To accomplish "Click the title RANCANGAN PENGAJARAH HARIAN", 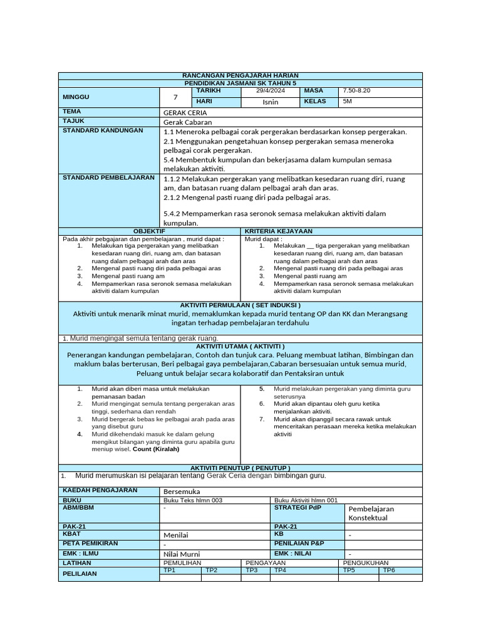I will coord(240,75).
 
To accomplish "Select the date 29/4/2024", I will coord(271,92).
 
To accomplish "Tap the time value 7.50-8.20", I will coord(357,92).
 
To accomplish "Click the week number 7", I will coord(175,97).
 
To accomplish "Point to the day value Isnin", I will coord(271,102).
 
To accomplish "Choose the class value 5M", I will coord(348,102).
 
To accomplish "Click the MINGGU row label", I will coord(76,97).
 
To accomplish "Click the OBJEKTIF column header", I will coord(149,231).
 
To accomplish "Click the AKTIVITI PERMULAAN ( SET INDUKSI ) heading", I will coord(240,305).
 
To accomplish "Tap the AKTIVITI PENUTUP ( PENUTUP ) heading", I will coord(240,468).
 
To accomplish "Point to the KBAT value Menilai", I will coord(176,535).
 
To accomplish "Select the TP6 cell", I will coord(389,571).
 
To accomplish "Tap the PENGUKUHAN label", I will coord(366,563).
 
